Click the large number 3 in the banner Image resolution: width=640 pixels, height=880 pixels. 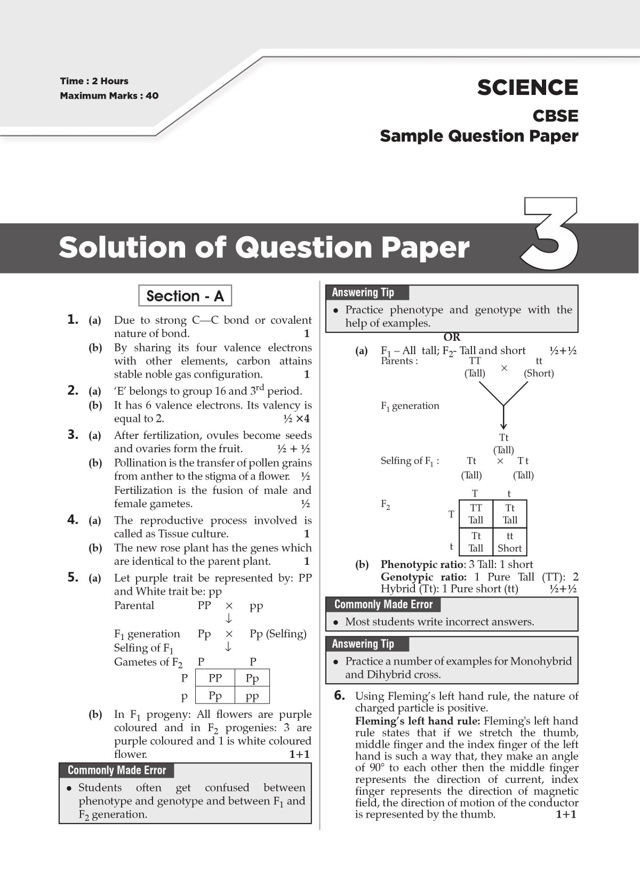pos(549,235)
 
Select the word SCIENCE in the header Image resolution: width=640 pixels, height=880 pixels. pos(527,88)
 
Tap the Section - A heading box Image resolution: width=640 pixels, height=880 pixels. pos(185,296)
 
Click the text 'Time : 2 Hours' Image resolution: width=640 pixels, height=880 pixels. pos(94,81)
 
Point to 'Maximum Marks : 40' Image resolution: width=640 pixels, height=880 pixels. pos(109,96)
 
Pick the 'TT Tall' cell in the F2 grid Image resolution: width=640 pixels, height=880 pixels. pos(476,514)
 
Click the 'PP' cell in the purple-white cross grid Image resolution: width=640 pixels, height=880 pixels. pos(215,678)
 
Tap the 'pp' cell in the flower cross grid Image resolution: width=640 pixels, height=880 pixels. pos(252,695)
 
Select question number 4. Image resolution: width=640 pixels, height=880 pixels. pos(73,520)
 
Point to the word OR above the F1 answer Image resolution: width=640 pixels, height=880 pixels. pos(452,338)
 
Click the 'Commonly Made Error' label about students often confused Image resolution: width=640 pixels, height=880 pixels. pos(117,770)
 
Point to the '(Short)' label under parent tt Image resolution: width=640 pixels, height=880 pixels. pos(539,373)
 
